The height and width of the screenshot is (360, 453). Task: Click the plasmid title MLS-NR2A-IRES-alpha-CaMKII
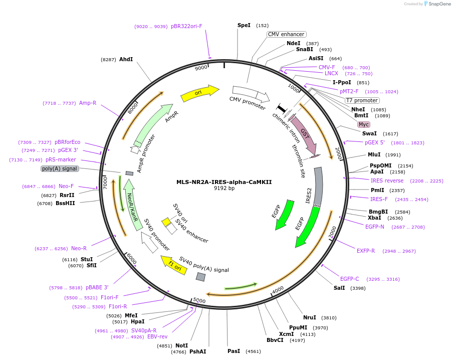224,182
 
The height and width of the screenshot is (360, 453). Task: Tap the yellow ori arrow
200,93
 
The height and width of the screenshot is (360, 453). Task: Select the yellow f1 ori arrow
174,265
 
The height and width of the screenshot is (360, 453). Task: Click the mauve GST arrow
304,135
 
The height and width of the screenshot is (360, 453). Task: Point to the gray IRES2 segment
318,187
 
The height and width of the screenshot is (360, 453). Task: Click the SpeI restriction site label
244,25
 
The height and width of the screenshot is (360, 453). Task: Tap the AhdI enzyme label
126,59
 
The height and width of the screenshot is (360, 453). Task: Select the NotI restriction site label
181,345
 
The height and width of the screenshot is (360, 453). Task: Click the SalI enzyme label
339,288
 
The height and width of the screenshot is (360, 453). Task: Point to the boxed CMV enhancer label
286,34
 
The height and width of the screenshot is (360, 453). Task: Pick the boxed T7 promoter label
362,100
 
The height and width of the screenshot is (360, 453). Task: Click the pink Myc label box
364,124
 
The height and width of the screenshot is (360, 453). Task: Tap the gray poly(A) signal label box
60,168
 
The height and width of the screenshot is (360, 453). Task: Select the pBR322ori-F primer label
186,26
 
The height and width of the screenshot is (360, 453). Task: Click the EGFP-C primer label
349,279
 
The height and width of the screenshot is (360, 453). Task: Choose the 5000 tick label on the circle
199,300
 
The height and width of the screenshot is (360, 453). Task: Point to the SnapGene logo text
439,4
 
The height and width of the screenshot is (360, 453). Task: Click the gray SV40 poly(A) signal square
200,277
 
